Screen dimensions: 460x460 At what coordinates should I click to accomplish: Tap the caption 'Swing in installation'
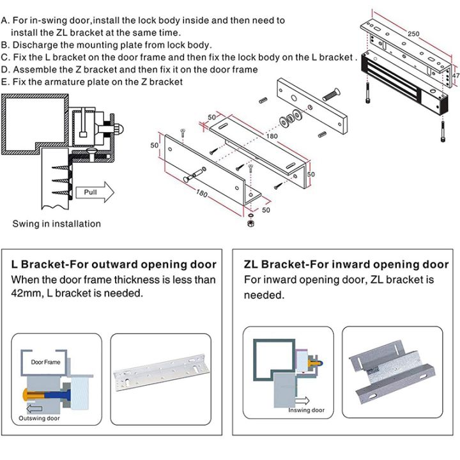(57, 224)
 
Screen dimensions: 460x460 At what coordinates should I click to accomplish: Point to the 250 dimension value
(413, 33)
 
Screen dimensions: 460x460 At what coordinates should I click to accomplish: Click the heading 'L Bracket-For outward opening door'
(114, 264)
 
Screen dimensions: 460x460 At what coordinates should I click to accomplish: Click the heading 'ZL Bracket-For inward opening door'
(346, 264)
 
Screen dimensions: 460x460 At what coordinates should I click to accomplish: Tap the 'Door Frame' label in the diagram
(45, 362)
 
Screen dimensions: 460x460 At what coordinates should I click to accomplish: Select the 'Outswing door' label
(40, 418)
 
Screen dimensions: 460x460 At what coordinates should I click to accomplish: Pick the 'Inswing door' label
(306, 410)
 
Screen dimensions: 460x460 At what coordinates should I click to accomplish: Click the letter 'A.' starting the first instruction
(6, 20)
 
